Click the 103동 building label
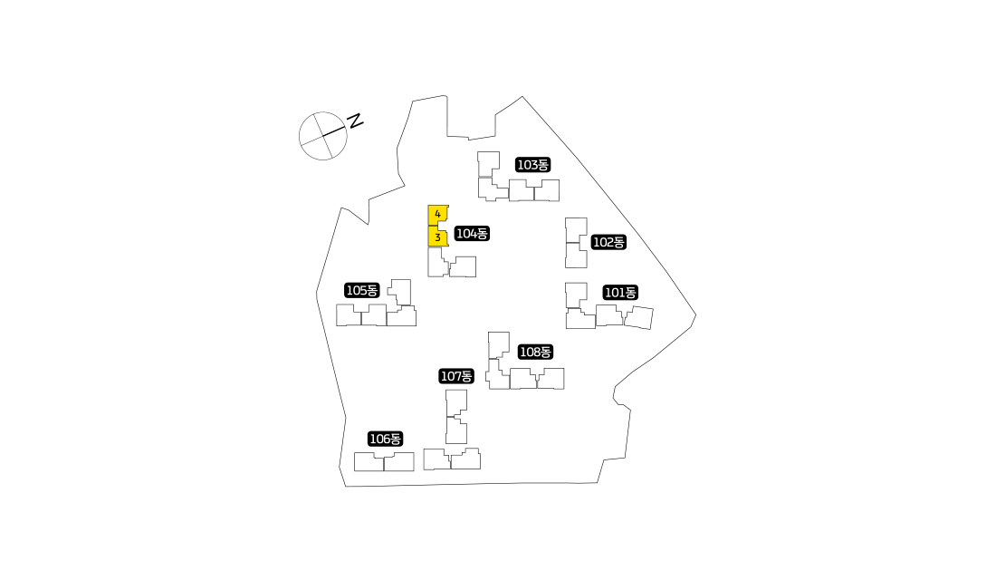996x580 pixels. [533, 165]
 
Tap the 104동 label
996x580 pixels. [472, 234]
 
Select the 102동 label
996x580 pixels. [608, 242]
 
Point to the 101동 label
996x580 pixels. [620, 293]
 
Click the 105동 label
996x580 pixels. [361, 290]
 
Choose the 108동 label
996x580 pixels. [535, 352]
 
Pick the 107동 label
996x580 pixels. [456, 376]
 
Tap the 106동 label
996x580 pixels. [386, 439]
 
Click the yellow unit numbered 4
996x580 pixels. [437, 215]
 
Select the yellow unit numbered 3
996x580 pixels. [437, 237]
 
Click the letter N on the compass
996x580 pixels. [355, 121]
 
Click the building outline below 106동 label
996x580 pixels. [384, 461]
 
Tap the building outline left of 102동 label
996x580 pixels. [576, 243]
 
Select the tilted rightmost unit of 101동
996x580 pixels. [638, 318]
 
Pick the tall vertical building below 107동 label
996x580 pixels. [456, 417]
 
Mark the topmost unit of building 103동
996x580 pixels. [488, 164]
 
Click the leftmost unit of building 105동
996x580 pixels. [348, 314]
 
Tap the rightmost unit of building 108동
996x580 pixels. [551, 379]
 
